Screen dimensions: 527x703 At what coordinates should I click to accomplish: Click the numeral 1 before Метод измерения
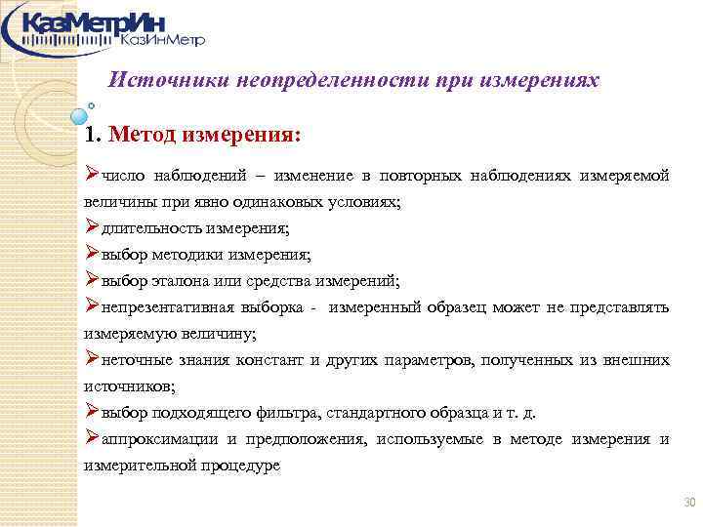[91, 134]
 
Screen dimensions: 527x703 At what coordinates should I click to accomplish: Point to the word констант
[271, 360]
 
